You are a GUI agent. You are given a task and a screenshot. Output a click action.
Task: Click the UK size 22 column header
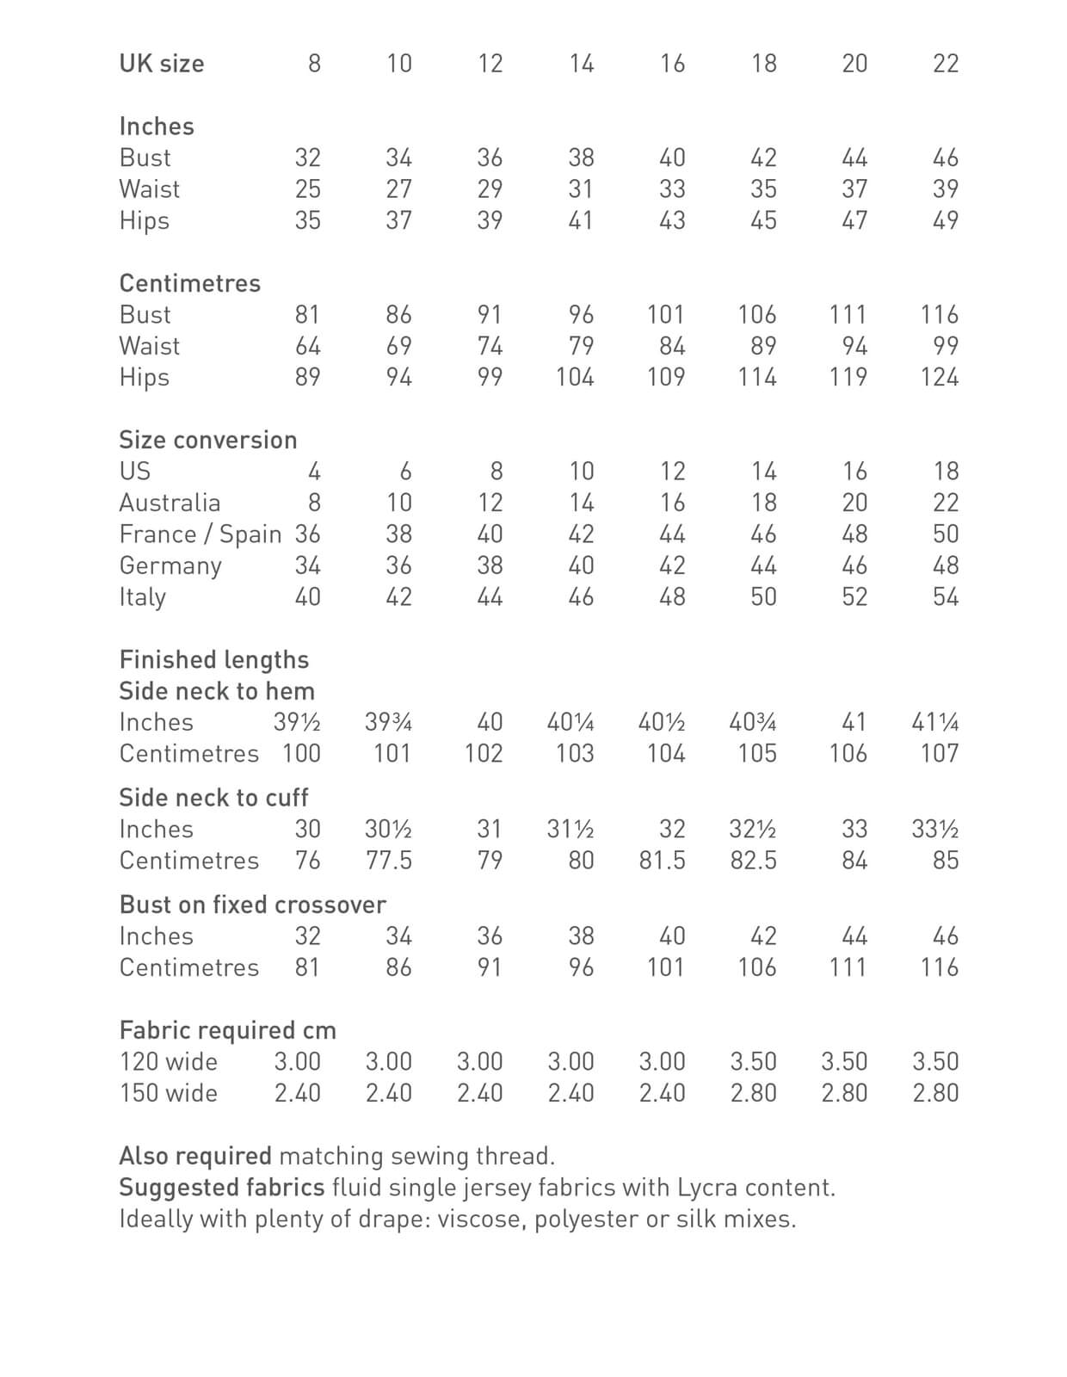(x=945, y=64)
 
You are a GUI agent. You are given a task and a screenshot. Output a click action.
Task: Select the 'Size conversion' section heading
(x=208, y=440)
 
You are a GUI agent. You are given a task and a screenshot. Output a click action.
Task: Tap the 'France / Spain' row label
(x=200, y=534)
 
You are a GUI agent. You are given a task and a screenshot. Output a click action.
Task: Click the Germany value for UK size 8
(x=307, y=565)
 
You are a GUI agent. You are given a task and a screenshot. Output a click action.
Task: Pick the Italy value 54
(x=945, y=596)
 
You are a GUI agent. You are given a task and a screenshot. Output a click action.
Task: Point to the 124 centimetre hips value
(x=939, y=377)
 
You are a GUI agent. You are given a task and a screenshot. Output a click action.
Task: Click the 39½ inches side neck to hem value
(x=297, y=722)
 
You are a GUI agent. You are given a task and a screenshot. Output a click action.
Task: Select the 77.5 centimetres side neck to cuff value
(x=389, y=861)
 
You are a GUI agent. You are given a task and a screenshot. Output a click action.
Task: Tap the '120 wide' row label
(x=169, y=1062)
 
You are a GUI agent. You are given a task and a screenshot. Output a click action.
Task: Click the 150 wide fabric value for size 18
(x=753, y=1093)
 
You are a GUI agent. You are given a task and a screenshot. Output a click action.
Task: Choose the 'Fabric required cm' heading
(x=228, y=1030)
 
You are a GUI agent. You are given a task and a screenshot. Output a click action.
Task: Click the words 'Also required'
(x=195, y=1156)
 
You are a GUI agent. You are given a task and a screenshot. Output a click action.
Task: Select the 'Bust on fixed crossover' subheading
(x=253, y=905)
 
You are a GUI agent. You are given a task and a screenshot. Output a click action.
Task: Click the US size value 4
(x=314, y=472)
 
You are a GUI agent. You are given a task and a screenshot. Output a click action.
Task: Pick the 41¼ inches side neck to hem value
(x=935, y=722)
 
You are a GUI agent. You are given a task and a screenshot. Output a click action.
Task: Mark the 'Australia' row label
(x=170, y=503)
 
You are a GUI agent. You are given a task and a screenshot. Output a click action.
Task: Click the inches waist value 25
(x=307, y=189)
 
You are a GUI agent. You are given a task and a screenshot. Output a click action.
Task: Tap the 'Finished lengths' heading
(x=214, y=660)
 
